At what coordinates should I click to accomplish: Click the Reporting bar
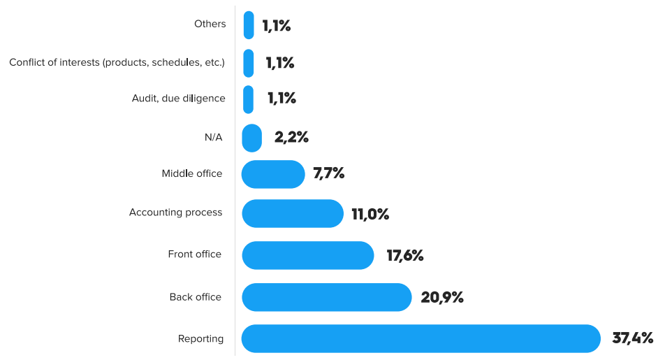tap(421, 339)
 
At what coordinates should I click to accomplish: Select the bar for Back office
tap(326, 297)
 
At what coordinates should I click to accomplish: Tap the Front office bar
tap(308, 255)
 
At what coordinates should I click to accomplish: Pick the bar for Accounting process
tap(293, 213)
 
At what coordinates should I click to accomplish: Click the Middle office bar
tap(273, 175)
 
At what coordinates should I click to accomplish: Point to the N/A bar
tap(251, 138)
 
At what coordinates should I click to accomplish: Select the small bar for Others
tap(249, 25)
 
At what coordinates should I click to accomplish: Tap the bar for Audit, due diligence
tap(248, 99)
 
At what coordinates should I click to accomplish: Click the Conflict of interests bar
tap(248, 63)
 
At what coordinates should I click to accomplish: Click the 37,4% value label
tap(632, 339)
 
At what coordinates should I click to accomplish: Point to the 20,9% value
tap(442, 298)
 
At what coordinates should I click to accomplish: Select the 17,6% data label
tap(405, 256)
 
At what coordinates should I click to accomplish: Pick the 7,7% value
tap(329, 174)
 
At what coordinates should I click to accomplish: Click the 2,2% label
tap(291, 138)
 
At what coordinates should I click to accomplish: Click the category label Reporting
tap(201, 339)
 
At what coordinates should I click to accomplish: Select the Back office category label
tap(196, 297)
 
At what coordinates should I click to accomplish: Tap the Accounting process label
tap(176, 213)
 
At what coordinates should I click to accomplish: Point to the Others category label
tap(210, 24)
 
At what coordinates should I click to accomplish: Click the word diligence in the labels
tap(204, 99)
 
